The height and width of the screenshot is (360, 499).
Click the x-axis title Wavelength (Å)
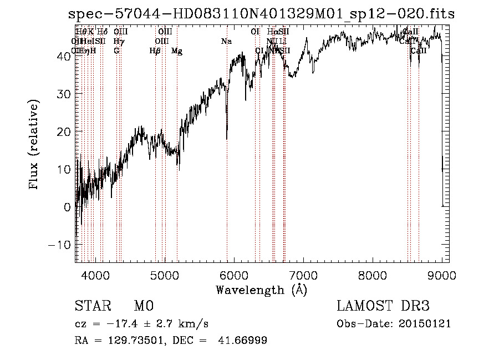click(261, 290)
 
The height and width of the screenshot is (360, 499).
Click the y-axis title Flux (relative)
click(34, 145)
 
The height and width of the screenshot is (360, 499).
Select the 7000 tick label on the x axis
click(303, 274)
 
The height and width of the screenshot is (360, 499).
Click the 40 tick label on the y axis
click(64, 56)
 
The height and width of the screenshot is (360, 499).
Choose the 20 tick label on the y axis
click(64, 131)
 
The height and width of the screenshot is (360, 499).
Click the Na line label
click(226, 42)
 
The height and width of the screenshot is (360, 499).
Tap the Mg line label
click(177, 51)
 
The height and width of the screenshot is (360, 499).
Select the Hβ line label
click(155, 51)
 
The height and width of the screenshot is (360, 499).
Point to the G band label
click(116, 51)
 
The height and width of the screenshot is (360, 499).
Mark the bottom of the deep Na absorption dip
click(227, 139)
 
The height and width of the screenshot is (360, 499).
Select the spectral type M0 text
click(143, 306)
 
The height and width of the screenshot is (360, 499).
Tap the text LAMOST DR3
click(383, 306)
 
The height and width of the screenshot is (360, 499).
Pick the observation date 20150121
click(427, 324)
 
